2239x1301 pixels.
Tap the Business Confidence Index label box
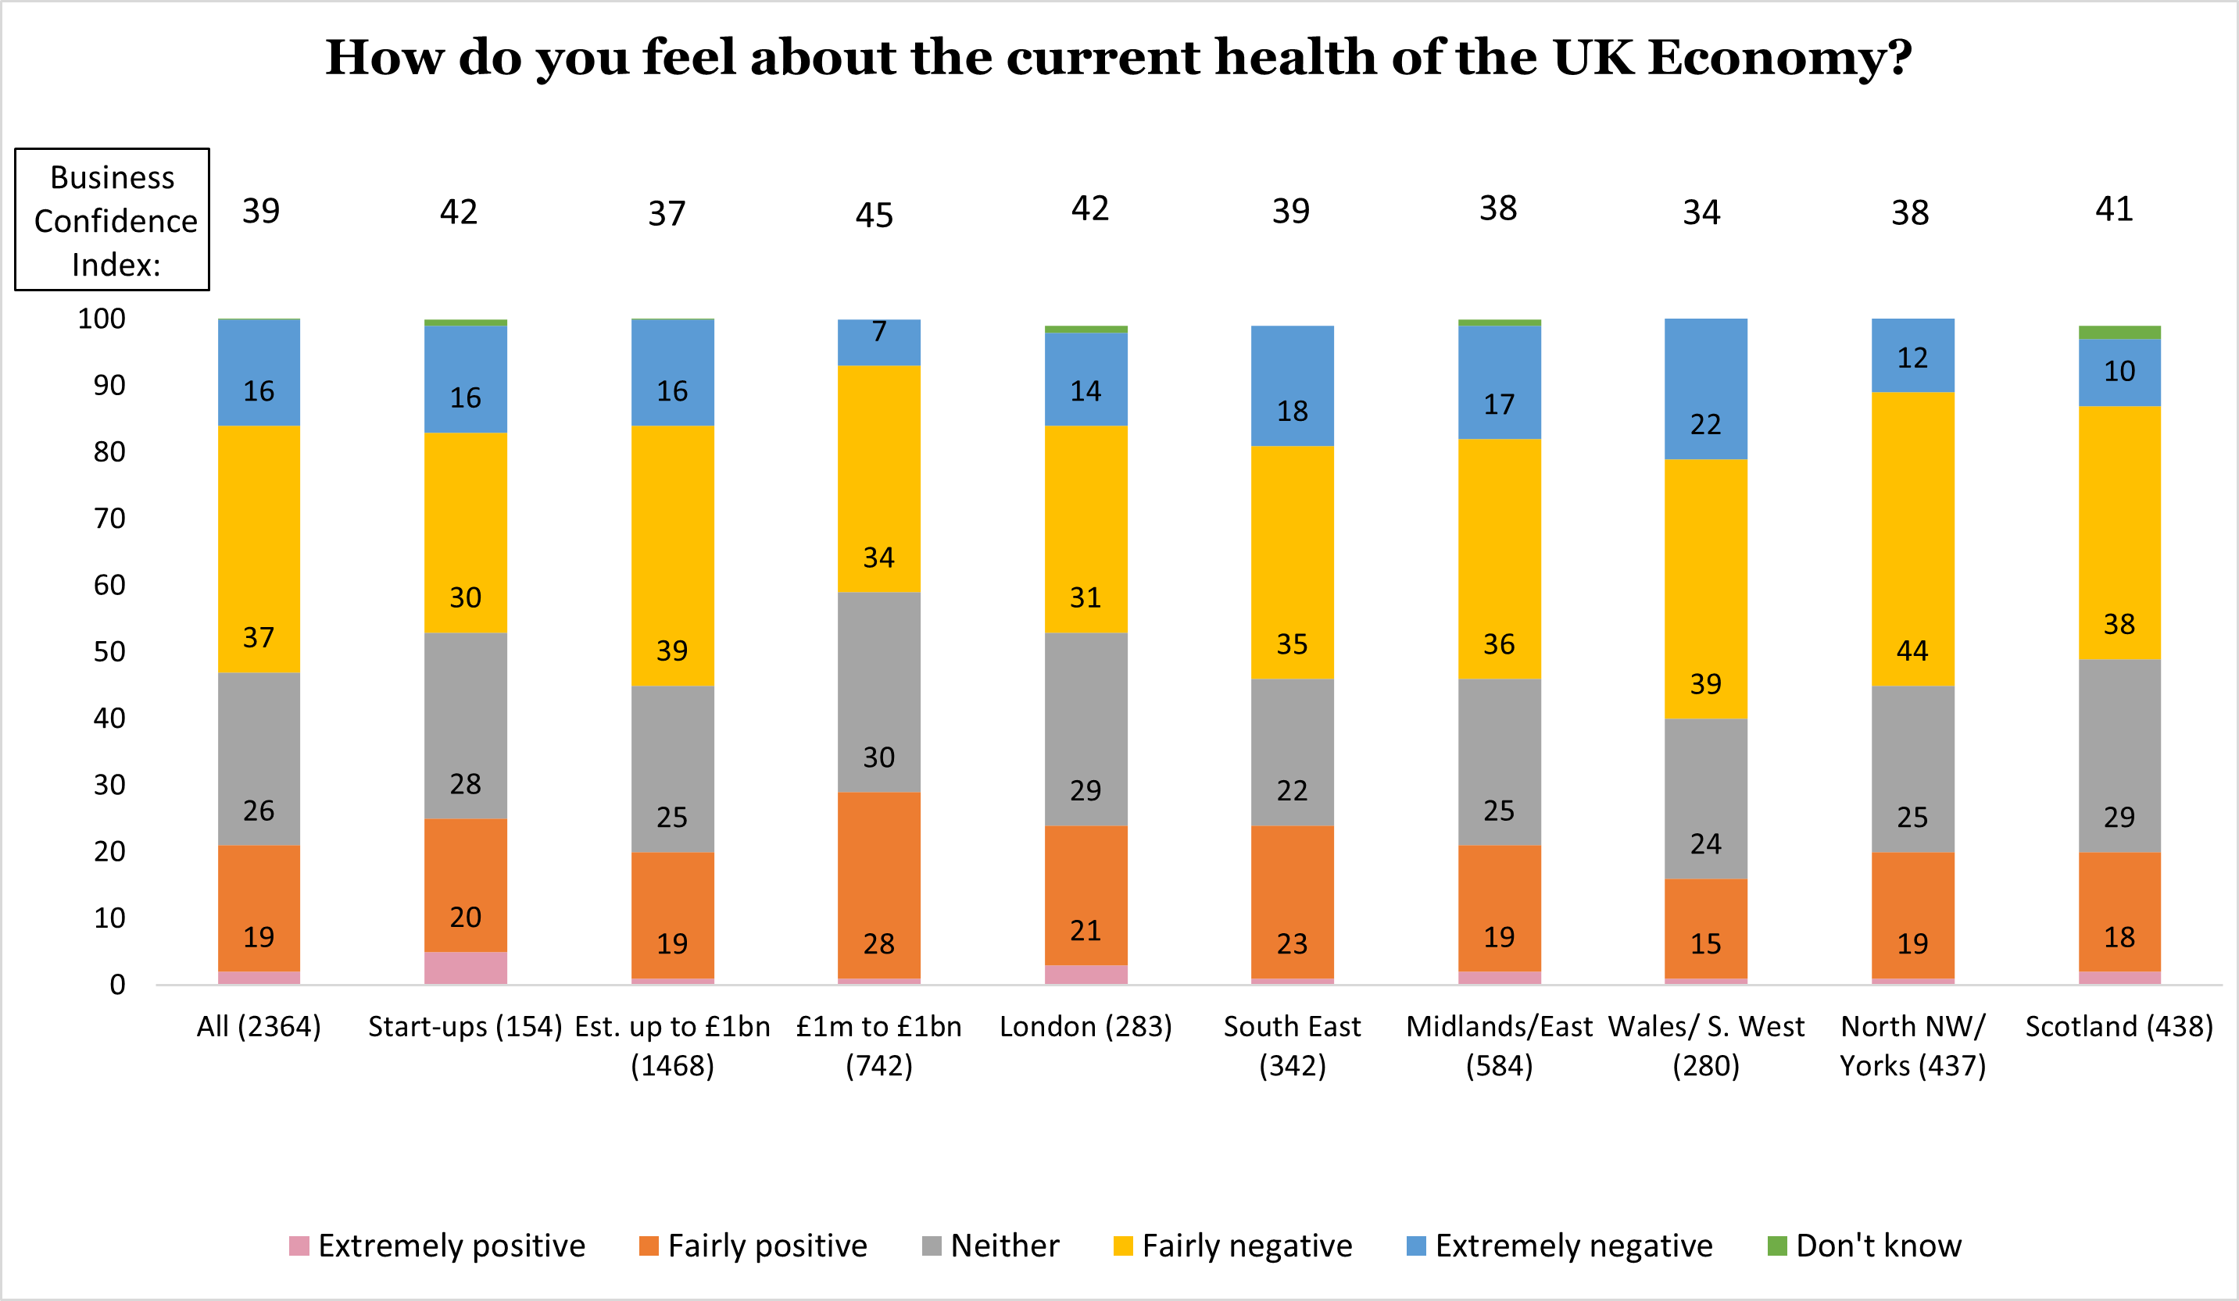[x=113, y=219]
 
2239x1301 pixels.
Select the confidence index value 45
[x=874, y=215]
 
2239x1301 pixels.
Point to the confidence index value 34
[x=1701, y=213]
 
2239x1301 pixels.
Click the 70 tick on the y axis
[x=109, y=519]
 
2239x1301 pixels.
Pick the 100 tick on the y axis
[x=102, y=319]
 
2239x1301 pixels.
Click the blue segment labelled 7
[x=878, y=342]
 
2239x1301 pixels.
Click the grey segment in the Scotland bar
[x=2119, y=756]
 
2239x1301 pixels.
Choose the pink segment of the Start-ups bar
[x=466, y=968]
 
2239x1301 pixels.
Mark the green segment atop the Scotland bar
[x=2119, y=332]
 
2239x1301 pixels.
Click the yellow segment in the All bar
[x=259, y=550]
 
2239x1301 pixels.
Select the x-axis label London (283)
[x=1086, y=1027]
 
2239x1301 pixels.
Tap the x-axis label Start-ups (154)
[x=466, y=1027]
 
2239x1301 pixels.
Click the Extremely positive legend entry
[x=437, y=1246]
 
